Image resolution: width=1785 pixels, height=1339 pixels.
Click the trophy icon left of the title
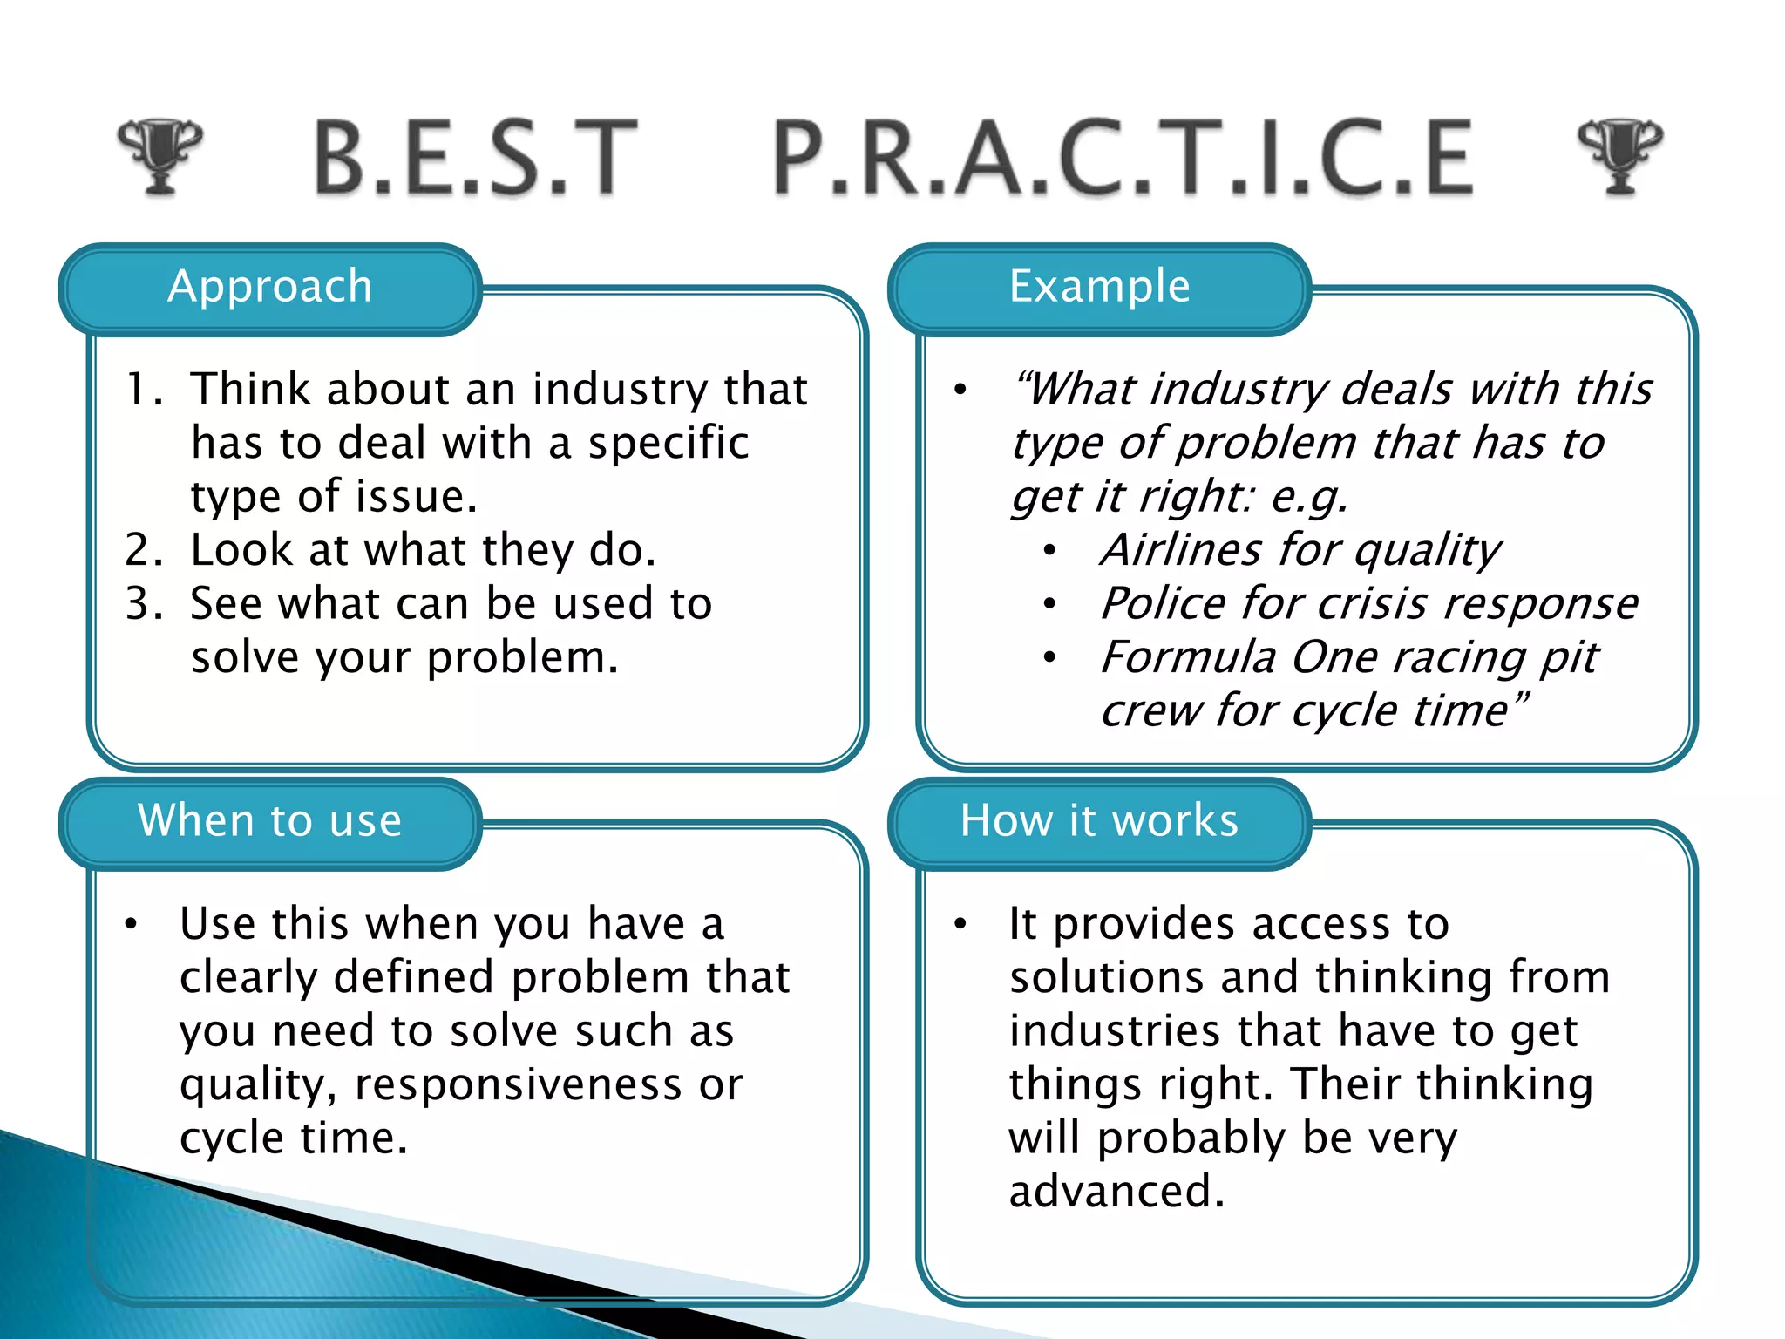tap(159, 155)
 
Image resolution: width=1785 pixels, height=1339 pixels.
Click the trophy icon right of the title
tap(1620, 155)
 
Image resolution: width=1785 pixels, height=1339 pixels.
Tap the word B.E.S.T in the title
tap(476, 158)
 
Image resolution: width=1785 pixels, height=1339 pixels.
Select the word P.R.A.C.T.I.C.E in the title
tap(1123, 158)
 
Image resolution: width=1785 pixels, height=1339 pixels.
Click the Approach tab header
tap(270, 288)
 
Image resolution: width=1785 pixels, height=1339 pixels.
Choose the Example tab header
tap(1099, 288)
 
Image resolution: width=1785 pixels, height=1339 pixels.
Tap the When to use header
tap(270, 821)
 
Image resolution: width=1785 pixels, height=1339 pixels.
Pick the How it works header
tap(1099, 821)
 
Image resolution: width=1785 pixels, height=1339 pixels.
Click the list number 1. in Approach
tap(144, 390)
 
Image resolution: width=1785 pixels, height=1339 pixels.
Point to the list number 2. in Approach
tap(144, 551)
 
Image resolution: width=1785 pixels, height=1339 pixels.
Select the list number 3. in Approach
tap(144, 604)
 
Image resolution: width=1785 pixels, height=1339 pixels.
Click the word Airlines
tap(1180, 551)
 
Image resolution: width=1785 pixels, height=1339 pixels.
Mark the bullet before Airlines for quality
tap(1050, 551)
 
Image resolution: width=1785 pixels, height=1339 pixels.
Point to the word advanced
tap(1116, 1193)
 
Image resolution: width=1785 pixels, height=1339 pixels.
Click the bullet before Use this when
tap(131, 924)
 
